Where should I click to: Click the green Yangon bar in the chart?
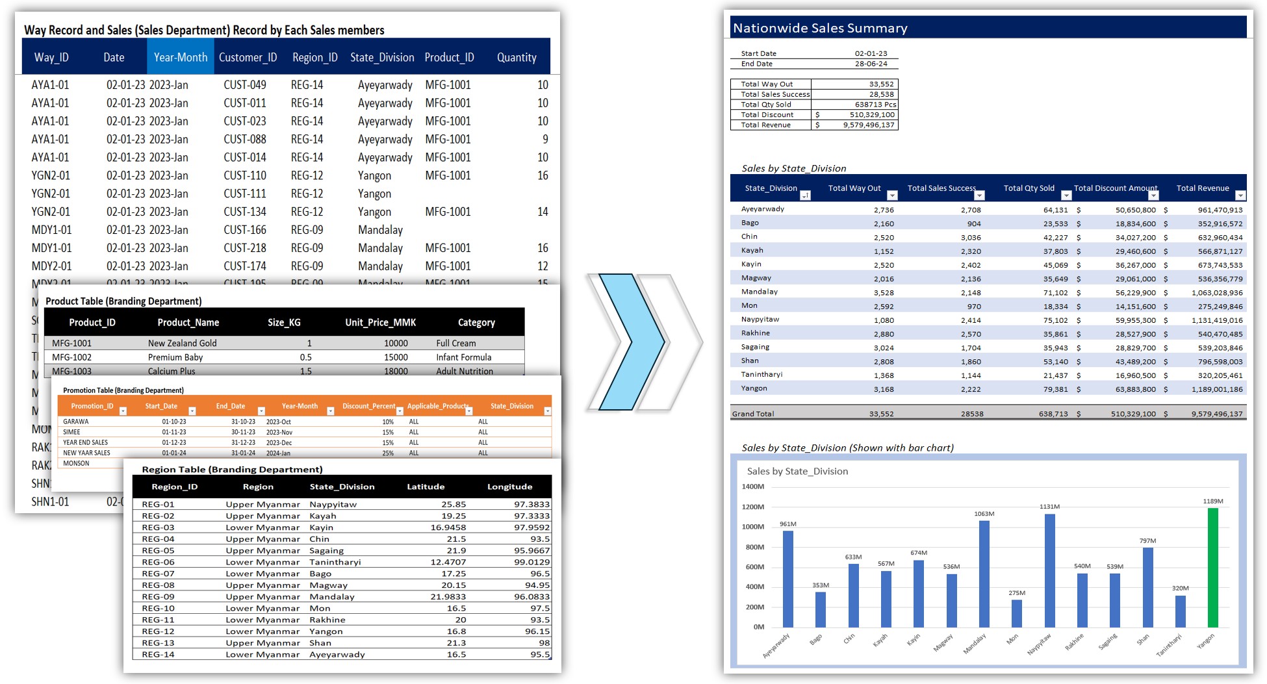point(1212,567)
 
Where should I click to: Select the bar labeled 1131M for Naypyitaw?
point(1049,570)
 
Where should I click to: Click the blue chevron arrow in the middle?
point(631,342)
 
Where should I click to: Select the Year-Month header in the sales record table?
point(180,57)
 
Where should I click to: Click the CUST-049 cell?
point(245,85)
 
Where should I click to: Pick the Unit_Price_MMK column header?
point(380,322)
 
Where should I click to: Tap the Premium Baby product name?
point(175,357)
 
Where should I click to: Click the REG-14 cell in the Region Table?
point(158,654)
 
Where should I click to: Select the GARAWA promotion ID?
point(76,422)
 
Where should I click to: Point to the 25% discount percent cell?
point(388,453)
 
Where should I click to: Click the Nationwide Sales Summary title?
point(820,28)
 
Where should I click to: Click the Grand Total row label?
point(753,414)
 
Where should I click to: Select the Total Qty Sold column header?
point(1029,188)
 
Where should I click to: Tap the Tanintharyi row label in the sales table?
point(761,374)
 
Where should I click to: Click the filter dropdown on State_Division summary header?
point(805,196)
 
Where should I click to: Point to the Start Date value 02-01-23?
point(871,53)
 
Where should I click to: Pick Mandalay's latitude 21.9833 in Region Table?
point(448,596)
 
